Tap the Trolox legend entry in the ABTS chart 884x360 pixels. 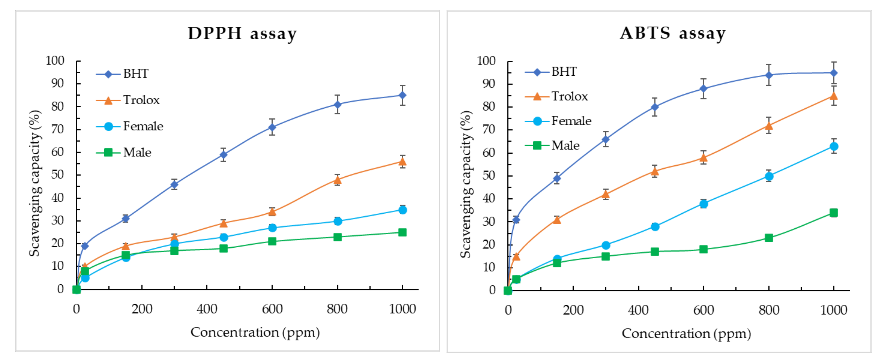556,96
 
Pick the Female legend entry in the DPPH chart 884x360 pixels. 130,126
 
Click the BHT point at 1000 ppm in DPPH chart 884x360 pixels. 402,95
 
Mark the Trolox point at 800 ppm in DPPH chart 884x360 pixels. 337,180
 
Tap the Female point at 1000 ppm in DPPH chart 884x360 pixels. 402,210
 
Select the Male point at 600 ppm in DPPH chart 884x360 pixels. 272,241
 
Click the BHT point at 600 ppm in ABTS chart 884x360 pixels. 704,89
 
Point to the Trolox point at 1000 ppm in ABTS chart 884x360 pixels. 834,96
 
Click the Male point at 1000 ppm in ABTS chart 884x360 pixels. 834,213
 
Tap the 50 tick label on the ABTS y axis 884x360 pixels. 489,176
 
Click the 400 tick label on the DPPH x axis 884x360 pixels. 207,309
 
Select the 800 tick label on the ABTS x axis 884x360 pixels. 769,310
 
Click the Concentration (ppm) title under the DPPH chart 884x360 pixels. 255,332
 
